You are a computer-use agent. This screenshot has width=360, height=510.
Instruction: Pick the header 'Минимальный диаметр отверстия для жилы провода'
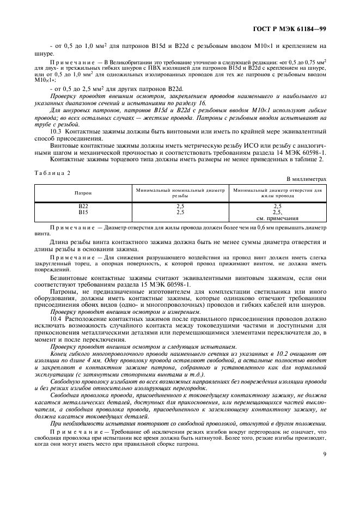point(277,193)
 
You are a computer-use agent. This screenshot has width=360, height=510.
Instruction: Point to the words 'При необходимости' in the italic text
point(76,408)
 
